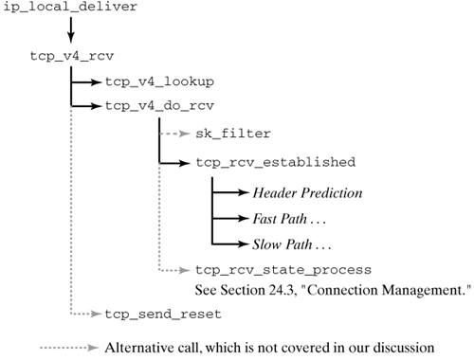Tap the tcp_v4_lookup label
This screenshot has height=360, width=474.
(158, 82)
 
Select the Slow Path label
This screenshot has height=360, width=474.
(285, 242)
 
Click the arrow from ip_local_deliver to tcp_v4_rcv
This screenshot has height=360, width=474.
(43, 32)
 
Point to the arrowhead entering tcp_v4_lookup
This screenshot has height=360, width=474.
(98, 82)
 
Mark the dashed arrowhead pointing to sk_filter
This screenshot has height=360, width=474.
(188, 135)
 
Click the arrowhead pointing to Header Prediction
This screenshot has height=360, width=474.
(245, 192)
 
